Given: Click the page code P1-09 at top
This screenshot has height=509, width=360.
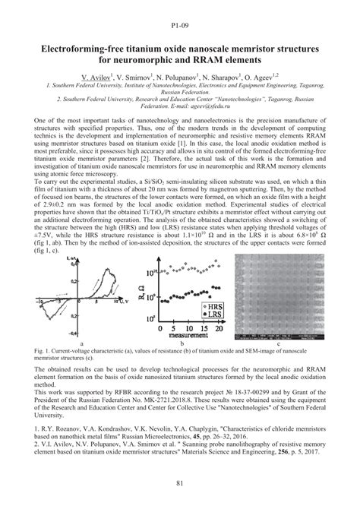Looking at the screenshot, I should pyautogui.click(x=179, y=14).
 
